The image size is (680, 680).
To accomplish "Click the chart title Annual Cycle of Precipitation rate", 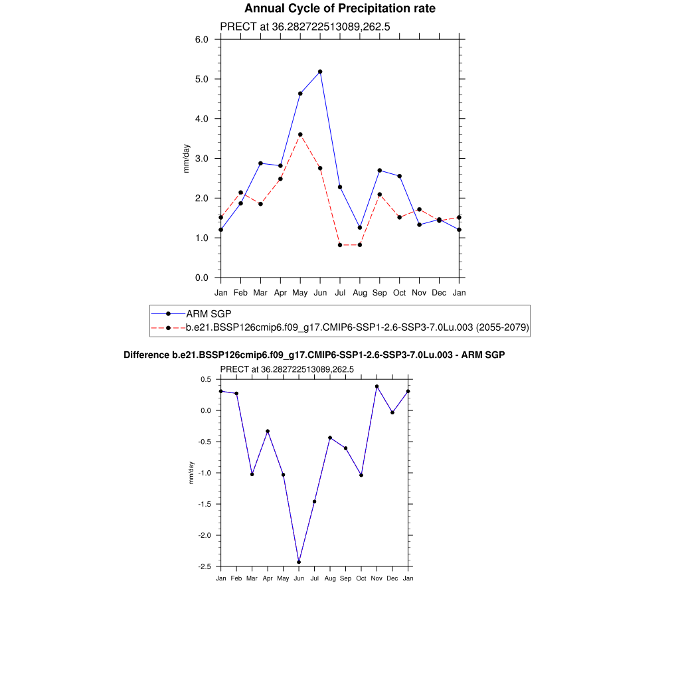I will tap(340, 9).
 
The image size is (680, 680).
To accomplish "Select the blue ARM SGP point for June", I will tap(320, 71).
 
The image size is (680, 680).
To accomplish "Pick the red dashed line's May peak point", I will tap(300, 135).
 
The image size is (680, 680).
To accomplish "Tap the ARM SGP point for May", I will tap(300, 94).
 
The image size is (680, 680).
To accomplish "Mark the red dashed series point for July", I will tap(340, 245).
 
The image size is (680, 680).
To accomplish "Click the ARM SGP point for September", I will tap(380, 171).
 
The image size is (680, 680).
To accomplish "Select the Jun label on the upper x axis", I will tap(320, 292).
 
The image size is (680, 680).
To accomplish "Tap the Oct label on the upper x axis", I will tap(400, 292).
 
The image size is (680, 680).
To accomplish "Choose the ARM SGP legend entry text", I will tap(209, 313).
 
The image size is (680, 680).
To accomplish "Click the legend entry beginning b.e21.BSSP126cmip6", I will tap(357, 327).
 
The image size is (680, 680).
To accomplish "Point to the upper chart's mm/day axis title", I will tap(187, 159).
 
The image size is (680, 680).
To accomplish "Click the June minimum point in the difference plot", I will tap(299, 562).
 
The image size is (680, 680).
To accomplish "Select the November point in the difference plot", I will tap(377, 386).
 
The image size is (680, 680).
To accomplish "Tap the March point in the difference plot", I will tap(252, 474).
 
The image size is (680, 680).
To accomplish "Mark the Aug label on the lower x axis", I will tap(330, 578).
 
